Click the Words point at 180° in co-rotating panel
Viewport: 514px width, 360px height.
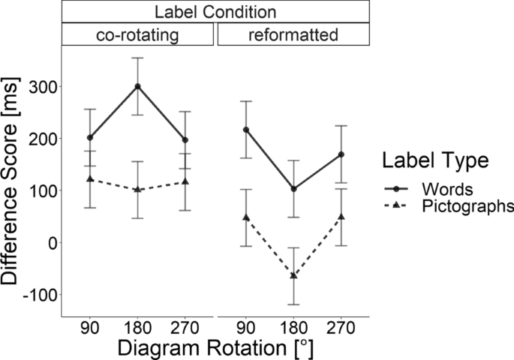pyautogui.click(x=137, y=86)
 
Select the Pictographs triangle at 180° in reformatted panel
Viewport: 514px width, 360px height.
pyautogui.click(x=294, y=275)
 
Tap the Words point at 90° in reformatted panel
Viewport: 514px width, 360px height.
pyautogui.click(x=247, y=130)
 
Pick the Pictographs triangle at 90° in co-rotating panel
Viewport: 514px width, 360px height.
pyautogui.click(x=90, y=178)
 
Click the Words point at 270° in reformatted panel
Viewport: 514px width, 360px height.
pyautogui.click(x=341, y=154)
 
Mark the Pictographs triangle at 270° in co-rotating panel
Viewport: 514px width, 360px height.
pyautogui.click(x=185, y=181)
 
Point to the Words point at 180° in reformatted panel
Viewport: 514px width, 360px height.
pyautogui.click(x=294, y=189)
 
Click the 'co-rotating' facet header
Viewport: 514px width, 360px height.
pyautogui.click(x=137, y=34)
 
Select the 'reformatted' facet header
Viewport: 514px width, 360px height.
pyautogui.click(x=293, y=34)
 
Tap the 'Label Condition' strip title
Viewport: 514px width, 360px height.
pyautogui.click(x=215, y=12)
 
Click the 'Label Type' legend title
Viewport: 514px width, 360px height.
pyautogui.click(x=435, y=160)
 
